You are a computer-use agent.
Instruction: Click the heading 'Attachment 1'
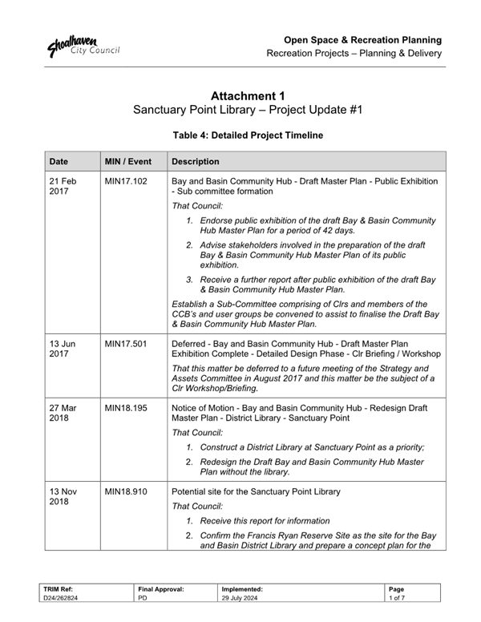(x=248, y=96)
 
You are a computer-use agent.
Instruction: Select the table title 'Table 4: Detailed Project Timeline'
(x=248, y=136)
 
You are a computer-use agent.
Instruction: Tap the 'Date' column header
(x=58, y=160)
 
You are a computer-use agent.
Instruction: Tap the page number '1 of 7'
(x=397, y=598)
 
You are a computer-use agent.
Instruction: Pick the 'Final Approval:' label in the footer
(x=161, y=588)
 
